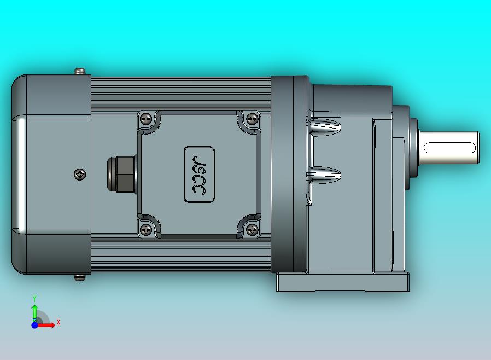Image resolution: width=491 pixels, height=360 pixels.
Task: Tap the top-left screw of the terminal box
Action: point(146,119)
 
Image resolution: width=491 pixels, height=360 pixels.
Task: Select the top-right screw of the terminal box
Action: point(252,119)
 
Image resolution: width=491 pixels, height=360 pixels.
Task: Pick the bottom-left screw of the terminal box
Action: point(146,230)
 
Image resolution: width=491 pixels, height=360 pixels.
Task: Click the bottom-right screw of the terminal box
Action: point(252,230)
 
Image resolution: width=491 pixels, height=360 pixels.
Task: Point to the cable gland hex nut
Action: point(123,174)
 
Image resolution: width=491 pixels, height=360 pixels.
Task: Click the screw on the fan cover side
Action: point(80,175)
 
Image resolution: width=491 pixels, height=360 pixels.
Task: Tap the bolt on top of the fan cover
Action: point(80,72)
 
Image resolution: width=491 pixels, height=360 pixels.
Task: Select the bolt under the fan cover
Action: point(80,277)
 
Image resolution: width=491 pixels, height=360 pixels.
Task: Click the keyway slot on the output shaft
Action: point(449,147)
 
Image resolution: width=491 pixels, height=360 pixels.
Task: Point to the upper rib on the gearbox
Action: point(325,127)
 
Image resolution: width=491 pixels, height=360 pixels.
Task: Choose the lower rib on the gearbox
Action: point(325,175)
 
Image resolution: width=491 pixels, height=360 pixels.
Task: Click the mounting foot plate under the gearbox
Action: point(342,282)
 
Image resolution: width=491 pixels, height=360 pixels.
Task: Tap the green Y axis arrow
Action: point(34,311)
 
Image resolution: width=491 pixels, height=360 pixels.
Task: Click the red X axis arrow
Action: point(48,326)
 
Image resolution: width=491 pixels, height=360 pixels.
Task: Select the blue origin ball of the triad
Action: point(34,325)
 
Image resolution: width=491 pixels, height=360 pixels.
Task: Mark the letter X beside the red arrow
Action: point(59,323)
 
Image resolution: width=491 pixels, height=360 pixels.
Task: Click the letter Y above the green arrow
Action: point(34,298)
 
